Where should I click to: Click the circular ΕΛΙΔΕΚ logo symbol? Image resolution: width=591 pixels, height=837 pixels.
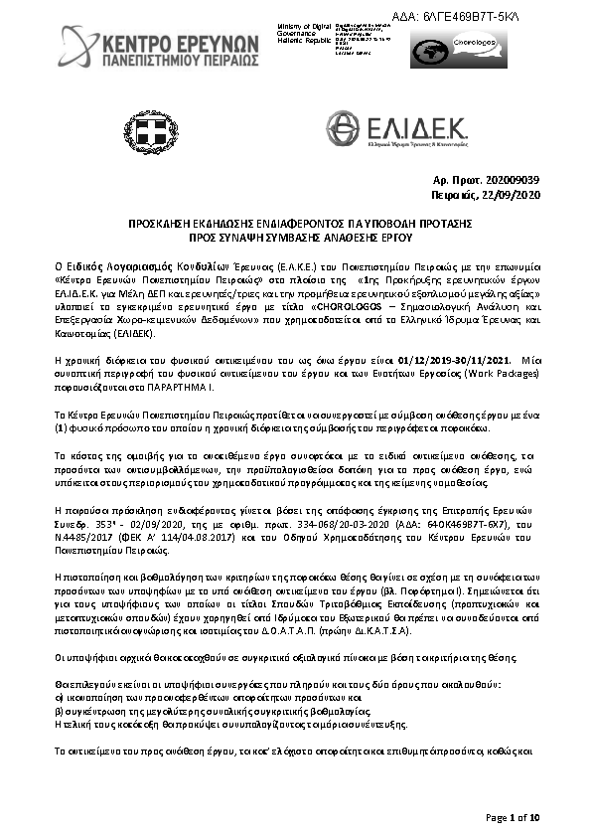click(344, 129)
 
